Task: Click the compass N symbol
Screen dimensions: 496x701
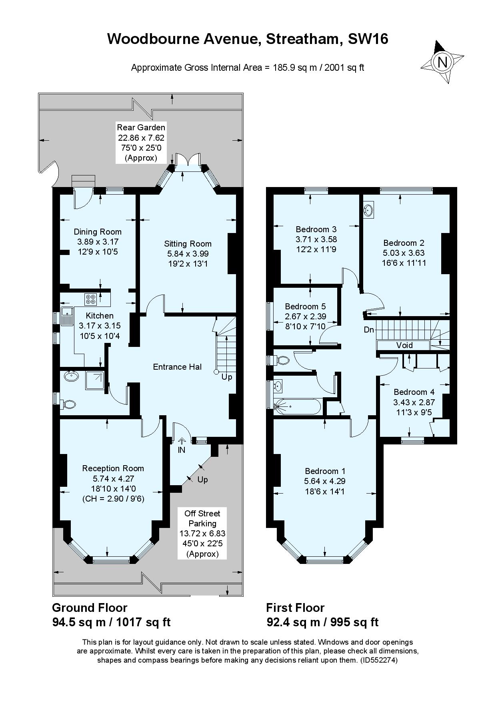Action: coord(442,62)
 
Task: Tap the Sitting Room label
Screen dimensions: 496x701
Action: coord(188,243)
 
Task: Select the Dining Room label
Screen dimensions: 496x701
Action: coord(98,231)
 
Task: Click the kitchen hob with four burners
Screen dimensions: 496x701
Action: coord(90,299)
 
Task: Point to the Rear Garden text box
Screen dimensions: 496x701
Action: coord(141,143)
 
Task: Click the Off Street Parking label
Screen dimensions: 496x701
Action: coord(202,518)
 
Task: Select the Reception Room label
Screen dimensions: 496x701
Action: coord(113,468)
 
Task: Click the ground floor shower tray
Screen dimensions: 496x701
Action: coord(94,381)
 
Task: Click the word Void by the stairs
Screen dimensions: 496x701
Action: coord(404,345)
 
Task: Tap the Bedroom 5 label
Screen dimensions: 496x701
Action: coord(305,306)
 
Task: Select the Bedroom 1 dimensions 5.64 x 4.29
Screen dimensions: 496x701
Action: coord(325,481)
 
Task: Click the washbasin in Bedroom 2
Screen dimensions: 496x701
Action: coord(369,210)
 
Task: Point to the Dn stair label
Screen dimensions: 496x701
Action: coord(369,330)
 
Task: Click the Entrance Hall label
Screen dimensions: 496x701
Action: coord(177,366)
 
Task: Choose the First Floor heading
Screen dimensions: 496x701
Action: coord(295,608)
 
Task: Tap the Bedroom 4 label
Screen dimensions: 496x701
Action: coord(414,392)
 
